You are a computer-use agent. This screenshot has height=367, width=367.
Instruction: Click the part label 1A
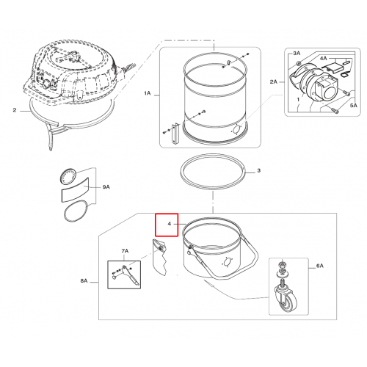point(147,93)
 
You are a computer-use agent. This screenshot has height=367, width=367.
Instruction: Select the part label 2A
point(274,81)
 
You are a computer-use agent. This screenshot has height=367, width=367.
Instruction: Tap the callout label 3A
point(297,53)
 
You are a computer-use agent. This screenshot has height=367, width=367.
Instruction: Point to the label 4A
point(324,58)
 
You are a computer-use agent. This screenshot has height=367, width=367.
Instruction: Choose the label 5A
point(354,106)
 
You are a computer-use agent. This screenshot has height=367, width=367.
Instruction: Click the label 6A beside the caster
point(320,266)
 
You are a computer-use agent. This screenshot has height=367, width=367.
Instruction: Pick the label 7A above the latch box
point(125,251)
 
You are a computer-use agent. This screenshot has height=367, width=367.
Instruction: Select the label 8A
point(84,281)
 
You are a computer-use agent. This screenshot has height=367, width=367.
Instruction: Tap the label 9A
point(106,187)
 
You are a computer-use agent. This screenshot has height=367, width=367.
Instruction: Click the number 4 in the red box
point(169,224)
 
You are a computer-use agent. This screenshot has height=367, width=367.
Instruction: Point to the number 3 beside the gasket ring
point(259,170)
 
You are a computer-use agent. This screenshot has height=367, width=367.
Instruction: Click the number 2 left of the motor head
point(15,110)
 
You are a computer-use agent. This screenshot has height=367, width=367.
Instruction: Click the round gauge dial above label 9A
point(68,176)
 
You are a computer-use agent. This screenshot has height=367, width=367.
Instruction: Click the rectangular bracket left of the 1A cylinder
point(175,134)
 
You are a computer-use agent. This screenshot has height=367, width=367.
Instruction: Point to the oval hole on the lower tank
point(227,263)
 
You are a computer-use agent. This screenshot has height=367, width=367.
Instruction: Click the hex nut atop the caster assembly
point(282,264)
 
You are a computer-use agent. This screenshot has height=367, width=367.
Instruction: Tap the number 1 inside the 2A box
point(298,100)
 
